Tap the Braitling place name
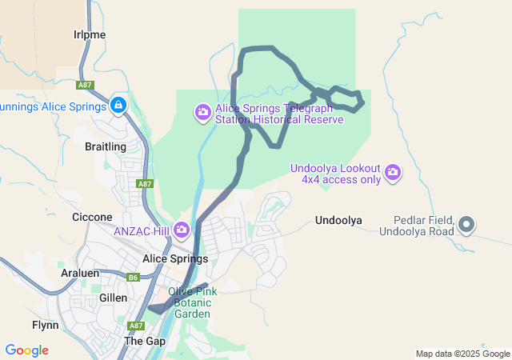tap(106, 147)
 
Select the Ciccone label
tap(92, 217)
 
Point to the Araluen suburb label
tap(80, 273)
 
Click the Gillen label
tap(113, 298)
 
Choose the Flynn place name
tap(45, 325)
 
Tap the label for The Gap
tap(145, 341)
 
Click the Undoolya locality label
tap(339, 220)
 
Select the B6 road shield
tap(134, 278)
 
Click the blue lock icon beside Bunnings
tap(118, 105)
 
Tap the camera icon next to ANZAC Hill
tap(182, 230)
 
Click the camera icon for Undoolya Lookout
tap(392, 171)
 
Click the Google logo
tap(26, 350)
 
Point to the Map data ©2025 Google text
tap(462, 354)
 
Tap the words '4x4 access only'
tap(341, 180)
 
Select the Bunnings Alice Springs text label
tap(53, 106)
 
